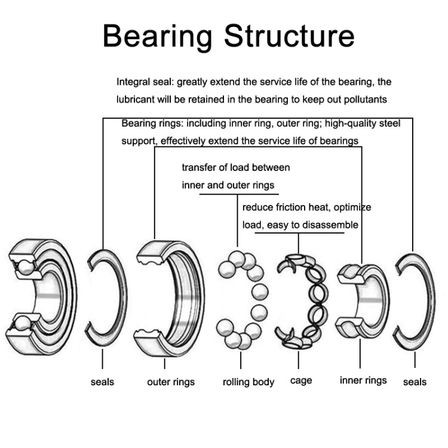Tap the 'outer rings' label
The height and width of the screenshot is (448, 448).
click(x=171, y=382)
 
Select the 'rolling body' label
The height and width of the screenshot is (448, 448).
click(x=248, y=382)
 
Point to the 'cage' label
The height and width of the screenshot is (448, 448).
click(x=301, y=381)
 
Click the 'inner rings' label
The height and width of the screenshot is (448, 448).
click(x=363, y=380)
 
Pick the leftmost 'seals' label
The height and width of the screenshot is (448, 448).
click(x=102, y=382)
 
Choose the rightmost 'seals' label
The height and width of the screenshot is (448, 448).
click(x=415, y=382)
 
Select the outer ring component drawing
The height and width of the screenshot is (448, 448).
click(x=170, y=297)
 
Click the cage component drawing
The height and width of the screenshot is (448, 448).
click(x=300, y=300)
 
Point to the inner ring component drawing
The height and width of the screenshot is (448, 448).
click(x=361, y=297)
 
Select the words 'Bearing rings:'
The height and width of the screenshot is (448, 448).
click(x=153, y=124)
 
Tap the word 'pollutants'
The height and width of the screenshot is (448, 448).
click(x=364, y=99)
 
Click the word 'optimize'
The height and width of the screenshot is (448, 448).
click(x=352, y=207)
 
